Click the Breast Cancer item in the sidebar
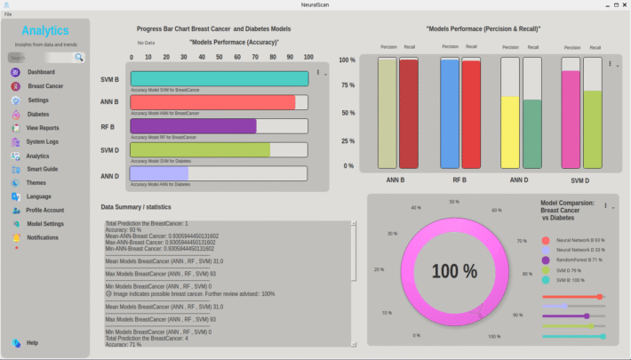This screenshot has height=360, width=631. [44, 86]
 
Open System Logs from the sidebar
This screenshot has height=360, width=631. [42, 141]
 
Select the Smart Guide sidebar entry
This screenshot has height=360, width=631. [42, 169]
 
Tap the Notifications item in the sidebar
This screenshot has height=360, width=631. [43, 237]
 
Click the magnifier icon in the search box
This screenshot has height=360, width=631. [79, 57]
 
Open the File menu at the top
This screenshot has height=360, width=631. [8, 15]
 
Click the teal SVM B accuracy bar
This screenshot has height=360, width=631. [219, 78]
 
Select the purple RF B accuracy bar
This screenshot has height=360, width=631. [193, 126]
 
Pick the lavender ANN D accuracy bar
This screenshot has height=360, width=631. [159, 173]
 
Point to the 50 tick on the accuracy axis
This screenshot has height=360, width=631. [220, 57]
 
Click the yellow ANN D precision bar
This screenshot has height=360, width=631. [510, 132]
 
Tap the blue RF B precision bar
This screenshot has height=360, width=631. [450, 113]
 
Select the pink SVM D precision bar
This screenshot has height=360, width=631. [571, 119]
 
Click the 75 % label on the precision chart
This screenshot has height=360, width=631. [347, 86]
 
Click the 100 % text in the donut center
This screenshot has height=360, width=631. [455, 271]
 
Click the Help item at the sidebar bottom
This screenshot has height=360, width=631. [32, 342]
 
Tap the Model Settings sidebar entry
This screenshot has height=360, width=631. [44, 224]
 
